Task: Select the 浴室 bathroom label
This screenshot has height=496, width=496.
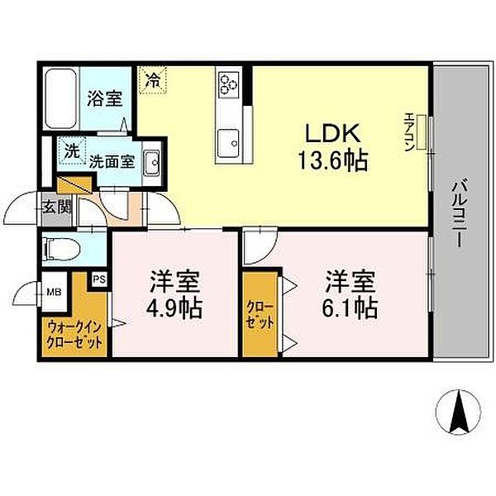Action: (x=106, y=98)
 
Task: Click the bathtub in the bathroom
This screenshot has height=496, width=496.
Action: (x=60, y=95)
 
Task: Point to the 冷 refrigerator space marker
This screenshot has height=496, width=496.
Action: (x=152, y=80)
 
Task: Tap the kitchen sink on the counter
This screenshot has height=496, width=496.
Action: (x=228, y=140)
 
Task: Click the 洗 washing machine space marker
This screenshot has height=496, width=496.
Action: (x=74, y=151)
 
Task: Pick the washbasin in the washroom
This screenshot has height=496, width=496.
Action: (x=151, y=162)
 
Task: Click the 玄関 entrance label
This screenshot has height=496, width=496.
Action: (x=55, y=207)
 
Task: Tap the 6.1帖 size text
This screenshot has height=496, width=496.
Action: (x=351, y=308)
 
